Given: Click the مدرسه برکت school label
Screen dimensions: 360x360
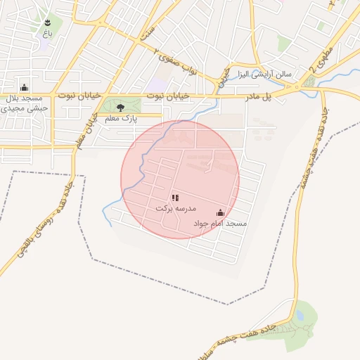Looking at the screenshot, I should click(176, 209).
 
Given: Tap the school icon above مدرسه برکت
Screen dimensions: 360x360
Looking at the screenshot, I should click(175, 198).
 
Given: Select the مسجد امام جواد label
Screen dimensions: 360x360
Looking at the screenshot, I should click(220, 223).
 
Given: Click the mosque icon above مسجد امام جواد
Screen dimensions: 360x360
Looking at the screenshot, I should click(220, 212).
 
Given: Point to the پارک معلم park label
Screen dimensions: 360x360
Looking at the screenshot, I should click(120, 119).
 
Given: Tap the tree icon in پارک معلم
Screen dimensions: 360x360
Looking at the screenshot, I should click(120, 108).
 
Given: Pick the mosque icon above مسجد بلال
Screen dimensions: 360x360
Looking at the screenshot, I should click(25, 87).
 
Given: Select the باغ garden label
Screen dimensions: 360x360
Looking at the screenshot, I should click(47, 32).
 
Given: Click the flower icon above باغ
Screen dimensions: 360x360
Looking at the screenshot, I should click(47, 22).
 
